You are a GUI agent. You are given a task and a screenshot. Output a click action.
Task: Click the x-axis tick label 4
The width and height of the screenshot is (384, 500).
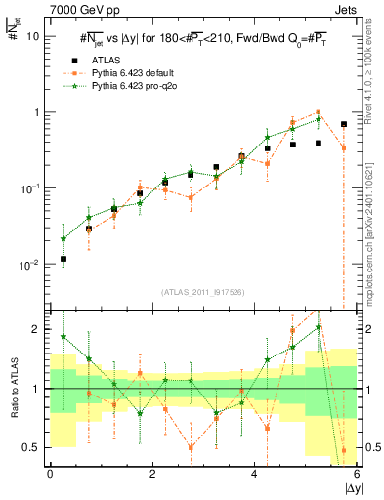tap(255, 474)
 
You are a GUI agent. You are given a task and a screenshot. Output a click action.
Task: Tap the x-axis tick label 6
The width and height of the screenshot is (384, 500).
tap(358, 474)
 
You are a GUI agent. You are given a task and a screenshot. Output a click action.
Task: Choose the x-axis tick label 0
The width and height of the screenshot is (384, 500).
tap(50, 474)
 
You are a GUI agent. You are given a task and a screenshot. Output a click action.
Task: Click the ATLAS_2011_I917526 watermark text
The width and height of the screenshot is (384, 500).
tap(204, 292)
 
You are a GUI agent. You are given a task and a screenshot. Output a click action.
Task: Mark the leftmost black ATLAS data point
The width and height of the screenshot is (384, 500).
tap(63, 259)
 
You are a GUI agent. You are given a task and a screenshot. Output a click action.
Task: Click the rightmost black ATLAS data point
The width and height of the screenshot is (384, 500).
tap(344, 124)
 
